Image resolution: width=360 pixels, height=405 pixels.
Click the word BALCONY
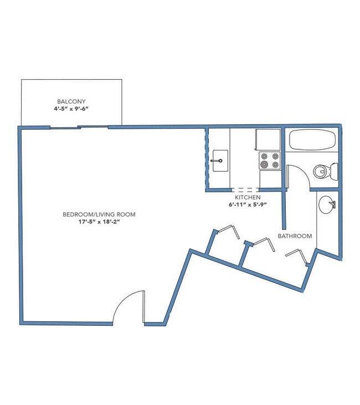[x=71, y=101]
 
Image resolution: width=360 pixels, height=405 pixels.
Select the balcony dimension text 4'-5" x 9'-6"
[x=71, y=109]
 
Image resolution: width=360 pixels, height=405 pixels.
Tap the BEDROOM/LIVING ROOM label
[x=99, y=214]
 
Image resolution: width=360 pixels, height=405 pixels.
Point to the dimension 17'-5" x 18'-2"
[x=99, y=222]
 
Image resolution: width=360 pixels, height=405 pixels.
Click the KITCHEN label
[x=248, y=198]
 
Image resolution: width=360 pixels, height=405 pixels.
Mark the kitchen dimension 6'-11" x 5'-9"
[x=248, y=206]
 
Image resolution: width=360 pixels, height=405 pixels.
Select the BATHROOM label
[x=295, y=236]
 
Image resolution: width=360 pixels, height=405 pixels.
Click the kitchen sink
[x=219, y=161]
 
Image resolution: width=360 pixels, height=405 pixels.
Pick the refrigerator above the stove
[x=268, y=140]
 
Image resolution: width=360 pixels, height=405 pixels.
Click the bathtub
[x=313, y=140]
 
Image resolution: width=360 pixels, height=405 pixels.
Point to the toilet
[x=323, y=171]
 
